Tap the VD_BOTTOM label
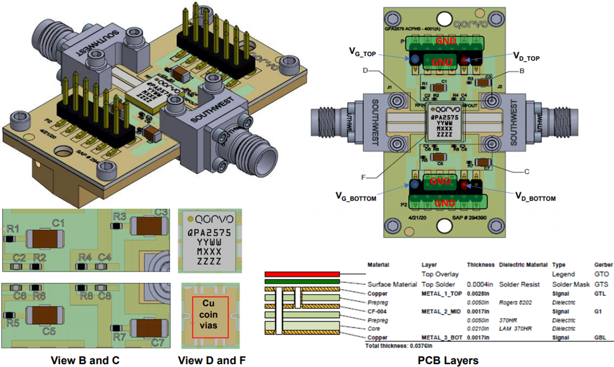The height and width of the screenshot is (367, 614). coord(535,198)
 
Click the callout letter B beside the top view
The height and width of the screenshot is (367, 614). coord(522,71)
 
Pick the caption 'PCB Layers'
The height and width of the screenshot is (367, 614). coord(448,360)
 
